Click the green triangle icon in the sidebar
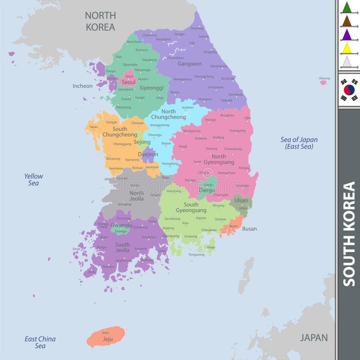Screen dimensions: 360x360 (346, 8)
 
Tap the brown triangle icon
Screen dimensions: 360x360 (346, 21)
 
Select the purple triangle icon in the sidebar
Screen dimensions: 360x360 (346, 35)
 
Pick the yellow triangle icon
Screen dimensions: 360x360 (346, 48)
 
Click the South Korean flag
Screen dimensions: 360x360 (349, 90)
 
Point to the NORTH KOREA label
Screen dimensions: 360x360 (100, 21)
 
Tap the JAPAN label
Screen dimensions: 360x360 (314, 337)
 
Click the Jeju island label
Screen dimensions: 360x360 (108, 339)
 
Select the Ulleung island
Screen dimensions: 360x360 (324, 82)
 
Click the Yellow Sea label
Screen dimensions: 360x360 (34, 180)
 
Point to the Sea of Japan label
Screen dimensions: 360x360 (299, 143)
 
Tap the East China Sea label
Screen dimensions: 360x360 (40, 342)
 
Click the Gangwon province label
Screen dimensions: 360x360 (189, 64)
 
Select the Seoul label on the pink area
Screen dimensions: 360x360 (129, 82)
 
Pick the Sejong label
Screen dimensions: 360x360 (142, 142)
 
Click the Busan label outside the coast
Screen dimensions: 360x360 (249, 229)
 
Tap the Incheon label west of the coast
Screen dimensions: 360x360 (83, 86)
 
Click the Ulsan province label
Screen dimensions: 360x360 (241, 201)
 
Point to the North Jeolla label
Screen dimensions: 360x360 (137, 196)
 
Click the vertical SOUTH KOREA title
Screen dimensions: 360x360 (349, 234)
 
